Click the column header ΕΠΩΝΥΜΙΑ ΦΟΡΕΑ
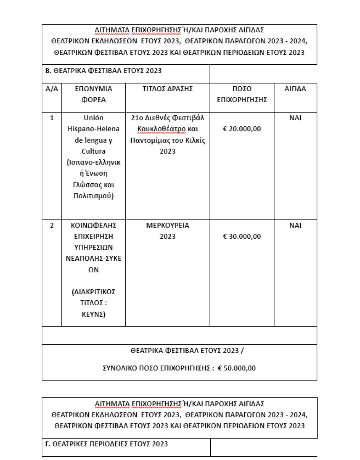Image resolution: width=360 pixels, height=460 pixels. coord(93,94)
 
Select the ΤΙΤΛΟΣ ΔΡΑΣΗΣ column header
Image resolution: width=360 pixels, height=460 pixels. coord(167,89)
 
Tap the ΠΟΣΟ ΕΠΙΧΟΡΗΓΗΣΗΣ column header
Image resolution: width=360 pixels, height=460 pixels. coord(242,94)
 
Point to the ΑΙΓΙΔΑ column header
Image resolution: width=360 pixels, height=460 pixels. coord(295,89)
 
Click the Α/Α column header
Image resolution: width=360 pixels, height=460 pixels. coord(52,89)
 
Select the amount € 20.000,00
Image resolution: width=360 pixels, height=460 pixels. coord(242,129)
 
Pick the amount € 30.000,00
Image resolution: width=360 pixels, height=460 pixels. coord(242,237)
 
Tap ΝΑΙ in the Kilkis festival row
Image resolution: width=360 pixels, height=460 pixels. coord(295,118)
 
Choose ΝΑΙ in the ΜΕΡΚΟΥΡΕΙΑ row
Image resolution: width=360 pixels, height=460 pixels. coord(295,225)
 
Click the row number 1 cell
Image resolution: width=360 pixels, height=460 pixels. coord(52,118)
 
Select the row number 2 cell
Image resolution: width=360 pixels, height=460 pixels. coord(52,225)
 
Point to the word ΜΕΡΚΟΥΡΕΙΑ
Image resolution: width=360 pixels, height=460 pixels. coord(167,225)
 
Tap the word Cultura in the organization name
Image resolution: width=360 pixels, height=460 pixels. coord(93,151)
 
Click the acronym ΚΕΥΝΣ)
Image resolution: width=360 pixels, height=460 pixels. coord(93,314)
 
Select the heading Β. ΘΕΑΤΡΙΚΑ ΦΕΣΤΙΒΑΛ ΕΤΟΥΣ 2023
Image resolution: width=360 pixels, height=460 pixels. coord(103,71)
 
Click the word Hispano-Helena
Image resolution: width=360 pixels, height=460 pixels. coord(93,129)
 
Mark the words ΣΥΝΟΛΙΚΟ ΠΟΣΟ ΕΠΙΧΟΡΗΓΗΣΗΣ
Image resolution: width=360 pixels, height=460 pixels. coord(158,368)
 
